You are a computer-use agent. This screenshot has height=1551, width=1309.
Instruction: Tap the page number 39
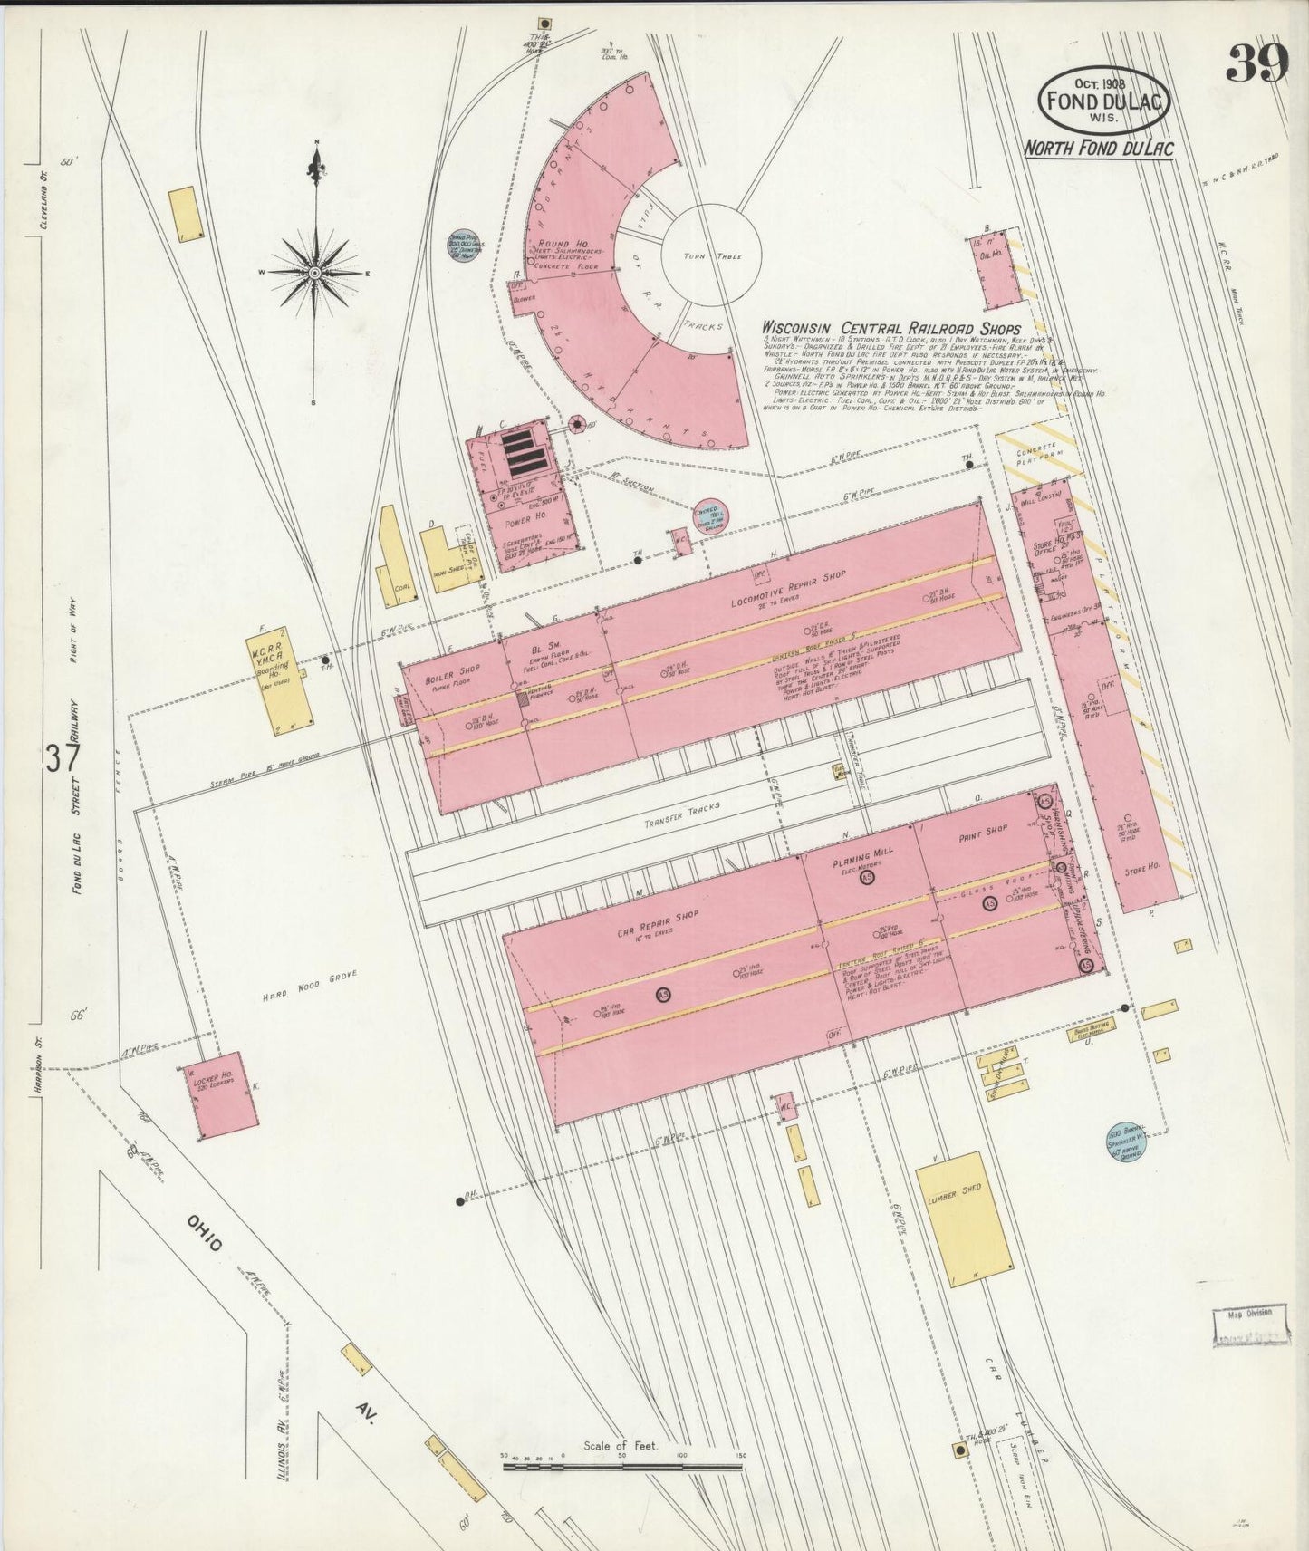(x=1257, y=64)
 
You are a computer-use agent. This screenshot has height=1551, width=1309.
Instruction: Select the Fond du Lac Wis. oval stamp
(x=1103, y=101)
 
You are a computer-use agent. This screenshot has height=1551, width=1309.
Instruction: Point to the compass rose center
(x=314, y=271)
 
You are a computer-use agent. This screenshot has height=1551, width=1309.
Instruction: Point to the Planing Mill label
(x=862, y=857)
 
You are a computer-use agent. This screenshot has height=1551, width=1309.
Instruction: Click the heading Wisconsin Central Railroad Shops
(x=890, y=328)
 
